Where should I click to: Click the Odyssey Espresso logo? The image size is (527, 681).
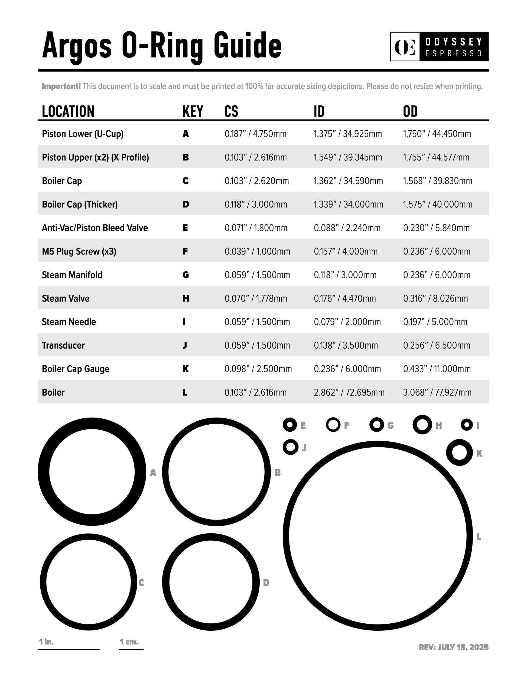pyautogui.click(x=439, y=47)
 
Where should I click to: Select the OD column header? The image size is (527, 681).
pyautogui.click(x=410, y=111)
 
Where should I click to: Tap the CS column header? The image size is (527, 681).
pyautogui.click(x=231, y=111)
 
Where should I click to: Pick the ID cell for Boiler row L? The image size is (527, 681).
pyautogui.click(x=349, y=392)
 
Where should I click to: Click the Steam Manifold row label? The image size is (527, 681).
pyautogui.click(x=72, y=275)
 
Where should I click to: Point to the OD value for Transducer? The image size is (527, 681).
pyautogui.click(x=437, y=345)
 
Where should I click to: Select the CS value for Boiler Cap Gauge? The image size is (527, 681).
pyautogui.click(x=258, y=369)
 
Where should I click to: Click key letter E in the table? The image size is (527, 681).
pyautogui.click(x=185, y=228)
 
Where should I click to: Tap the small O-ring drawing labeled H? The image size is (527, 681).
pyautogui.click(x=422, y=425)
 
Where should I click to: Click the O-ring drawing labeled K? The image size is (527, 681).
pyautogui.click(x=459, y=453)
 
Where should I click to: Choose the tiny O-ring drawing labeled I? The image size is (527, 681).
pyautogui.click(x=467, y=425)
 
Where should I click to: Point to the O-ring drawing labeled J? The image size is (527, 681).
pyautogui.click(x=290, y=447)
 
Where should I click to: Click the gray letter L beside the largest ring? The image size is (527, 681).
pyautogui.click(x=478, y=537)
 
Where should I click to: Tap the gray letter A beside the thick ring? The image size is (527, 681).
pyautogui.click(x=153, y=473)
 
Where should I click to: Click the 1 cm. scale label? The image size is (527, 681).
pyautogui.click(x=129, y=642)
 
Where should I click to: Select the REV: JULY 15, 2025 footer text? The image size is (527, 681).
pyautogui.click(x=453, y=647)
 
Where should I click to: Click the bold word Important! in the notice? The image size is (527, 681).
pyautogui.click(x=61, y=86)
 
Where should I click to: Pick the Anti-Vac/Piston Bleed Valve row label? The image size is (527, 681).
pyautogui.click(x=95, y=228)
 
